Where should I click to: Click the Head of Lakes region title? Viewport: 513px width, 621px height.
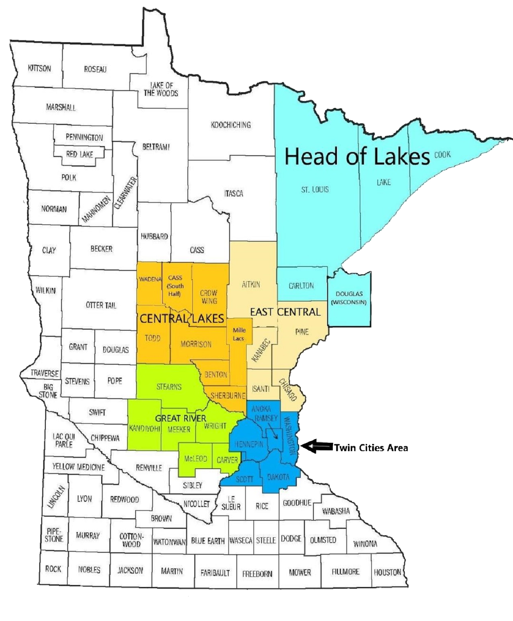coord(357,157)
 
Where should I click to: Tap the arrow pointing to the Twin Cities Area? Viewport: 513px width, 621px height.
coord(317,446)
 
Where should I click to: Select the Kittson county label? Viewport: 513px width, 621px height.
coord(40,68)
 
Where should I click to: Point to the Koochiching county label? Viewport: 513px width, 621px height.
coord(231,125)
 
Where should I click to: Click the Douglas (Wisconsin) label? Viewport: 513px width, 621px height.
coord(349,298)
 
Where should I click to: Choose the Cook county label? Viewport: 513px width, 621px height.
coord(442,154)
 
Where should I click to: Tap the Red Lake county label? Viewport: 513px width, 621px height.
coord(79,154)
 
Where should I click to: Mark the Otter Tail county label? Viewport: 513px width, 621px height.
coord(101,305)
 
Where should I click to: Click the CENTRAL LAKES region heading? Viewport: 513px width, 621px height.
coord(182,319)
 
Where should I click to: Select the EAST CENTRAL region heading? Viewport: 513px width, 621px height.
coord(285,312)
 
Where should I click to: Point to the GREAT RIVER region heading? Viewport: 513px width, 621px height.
coord(181,418)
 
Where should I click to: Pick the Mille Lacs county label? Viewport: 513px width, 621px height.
coord(239,334)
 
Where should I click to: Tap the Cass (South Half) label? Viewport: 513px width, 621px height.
coord(175,285)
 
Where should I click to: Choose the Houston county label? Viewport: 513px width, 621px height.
coord(387,572)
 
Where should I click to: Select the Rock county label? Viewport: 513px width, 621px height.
coord(53,569)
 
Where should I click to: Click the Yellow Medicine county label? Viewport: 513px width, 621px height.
coord(78,467)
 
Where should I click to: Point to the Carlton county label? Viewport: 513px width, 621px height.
coord(301,285)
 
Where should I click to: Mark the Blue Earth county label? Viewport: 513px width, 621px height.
coord(208,541)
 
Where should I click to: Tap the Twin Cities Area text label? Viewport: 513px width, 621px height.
coord(370,448)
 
